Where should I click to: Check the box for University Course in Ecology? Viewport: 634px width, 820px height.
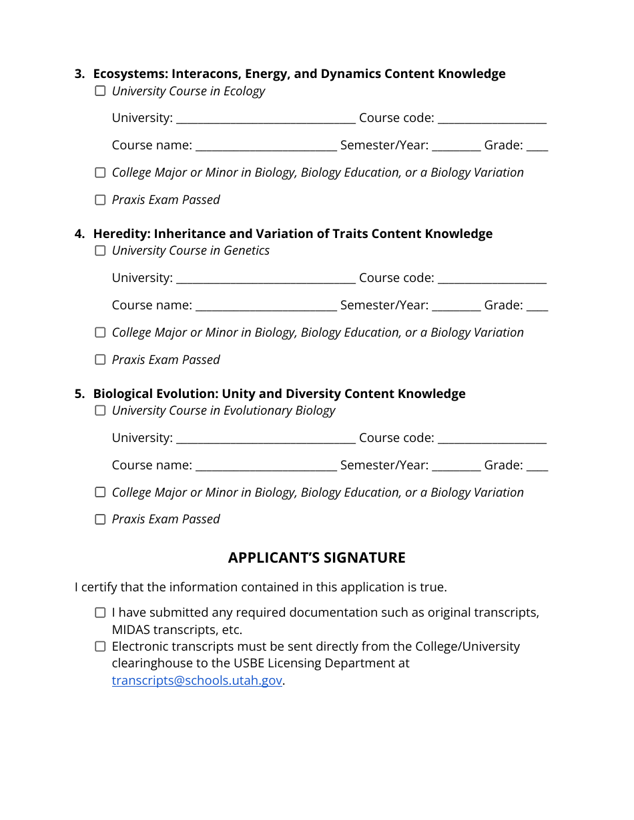[100, 91]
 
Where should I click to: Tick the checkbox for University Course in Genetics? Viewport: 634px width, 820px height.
[100, 251]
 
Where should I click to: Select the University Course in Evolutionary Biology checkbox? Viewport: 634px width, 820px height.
[100, 411]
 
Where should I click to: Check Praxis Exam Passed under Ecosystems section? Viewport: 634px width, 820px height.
[100, 200]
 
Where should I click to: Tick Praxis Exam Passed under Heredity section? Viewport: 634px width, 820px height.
[100, 360]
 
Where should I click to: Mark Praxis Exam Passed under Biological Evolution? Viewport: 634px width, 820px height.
[100, 519]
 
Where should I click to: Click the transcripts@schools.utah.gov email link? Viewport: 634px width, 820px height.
[197, 681]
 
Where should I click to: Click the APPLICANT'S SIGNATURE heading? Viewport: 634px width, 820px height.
[316, 557]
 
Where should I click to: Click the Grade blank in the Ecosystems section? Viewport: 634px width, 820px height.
[537, 147]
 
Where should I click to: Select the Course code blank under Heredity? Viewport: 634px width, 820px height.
[492, 279]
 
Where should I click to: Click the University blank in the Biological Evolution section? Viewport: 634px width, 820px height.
[266, 439]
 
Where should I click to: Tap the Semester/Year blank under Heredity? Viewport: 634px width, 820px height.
[456, 307]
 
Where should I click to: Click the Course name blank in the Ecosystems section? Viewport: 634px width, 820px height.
[266, 147]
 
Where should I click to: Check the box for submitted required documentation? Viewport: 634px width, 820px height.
[100, 613]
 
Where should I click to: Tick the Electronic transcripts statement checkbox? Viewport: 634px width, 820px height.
[100, 647]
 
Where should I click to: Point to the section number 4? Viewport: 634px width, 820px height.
[79, 234]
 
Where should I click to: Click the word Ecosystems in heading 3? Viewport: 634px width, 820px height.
[129, 74]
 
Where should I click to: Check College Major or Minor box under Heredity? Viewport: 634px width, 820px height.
[100, 333]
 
